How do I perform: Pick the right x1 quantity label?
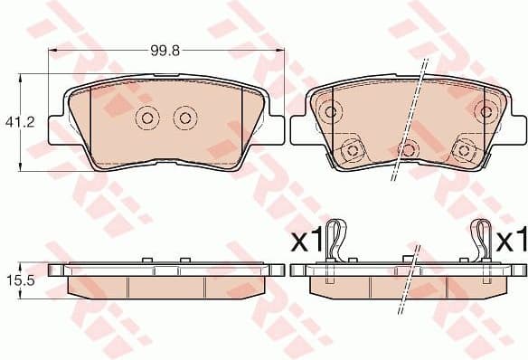click(512, 241)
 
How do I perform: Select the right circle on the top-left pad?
click(185, 118)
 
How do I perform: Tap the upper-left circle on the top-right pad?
click(331, 112)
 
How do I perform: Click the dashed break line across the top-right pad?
click(409, 118)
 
